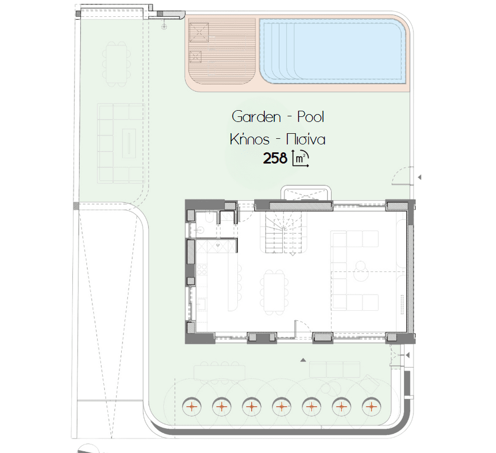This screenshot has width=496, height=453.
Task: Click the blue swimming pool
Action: click(333, 51)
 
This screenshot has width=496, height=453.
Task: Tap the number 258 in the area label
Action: click(275, 158)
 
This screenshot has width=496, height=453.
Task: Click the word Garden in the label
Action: click(256, 116)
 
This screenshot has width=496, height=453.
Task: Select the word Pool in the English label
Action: click(311, 116)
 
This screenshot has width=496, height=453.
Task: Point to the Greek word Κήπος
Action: click(250, 139)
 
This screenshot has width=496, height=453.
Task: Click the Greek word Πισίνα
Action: click(306, 139)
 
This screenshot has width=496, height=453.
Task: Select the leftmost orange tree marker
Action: click(192, 406)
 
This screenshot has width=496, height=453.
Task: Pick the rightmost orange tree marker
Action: click(371, 406)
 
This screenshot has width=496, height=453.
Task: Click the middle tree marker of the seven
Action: click(282, 406)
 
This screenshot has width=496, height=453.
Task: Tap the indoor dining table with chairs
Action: click(274, 292)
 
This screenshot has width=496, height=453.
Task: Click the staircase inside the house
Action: click(283, 232)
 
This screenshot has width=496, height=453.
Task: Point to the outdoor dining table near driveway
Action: click(116, 64)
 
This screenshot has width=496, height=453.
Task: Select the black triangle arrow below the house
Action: click(303, 360)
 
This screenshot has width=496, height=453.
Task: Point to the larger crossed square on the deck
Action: click(199, 32)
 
